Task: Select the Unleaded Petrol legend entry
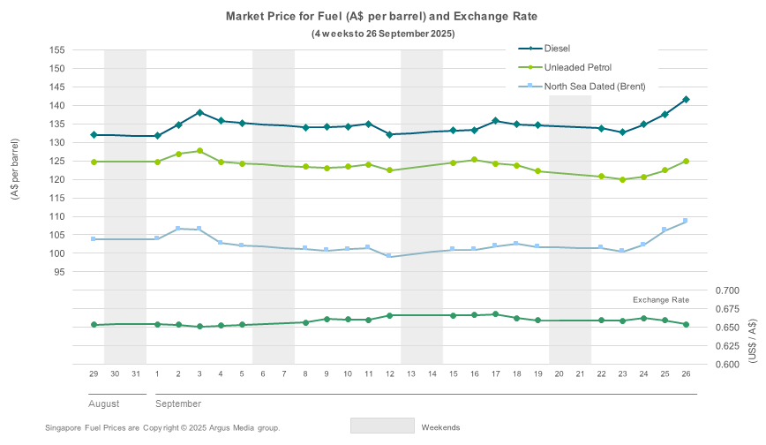tap(578, 67)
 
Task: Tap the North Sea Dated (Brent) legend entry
tap(595, 87)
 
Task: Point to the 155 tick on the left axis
tap(57, 49)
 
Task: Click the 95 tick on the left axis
tap(60, 272)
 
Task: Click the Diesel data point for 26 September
tap(686, 100)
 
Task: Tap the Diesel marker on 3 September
tap(199, 112)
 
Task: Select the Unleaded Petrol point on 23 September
tap(622, 179)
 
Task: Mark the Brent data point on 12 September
tap(389, 256)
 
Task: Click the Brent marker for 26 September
tap(686, 221)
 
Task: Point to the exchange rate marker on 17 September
tap(495, 314)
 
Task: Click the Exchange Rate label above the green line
tap(661, 300)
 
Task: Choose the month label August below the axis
tap(104, 404)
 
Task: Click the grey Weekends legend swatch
tap(382, 426)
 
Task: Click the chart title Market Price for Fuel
tap(382, 16)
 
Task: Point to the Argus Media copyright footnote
tap(162, 427)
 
